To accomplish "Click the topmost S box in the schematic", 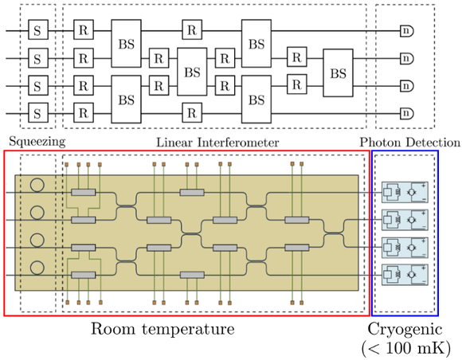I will point(37,31).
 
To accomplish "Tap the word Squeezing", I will point(33,142).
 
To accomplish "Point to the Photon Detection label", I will point(409,142).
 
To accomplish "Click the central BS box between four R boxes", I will point(190,72).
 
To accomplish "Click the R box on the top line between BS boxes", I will point(190,31).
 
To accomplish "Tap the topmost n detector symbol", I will point(406,31).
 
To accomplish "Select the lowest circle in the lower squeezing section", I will point(37,265).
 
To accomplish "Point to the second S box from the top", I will point(37,58).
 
